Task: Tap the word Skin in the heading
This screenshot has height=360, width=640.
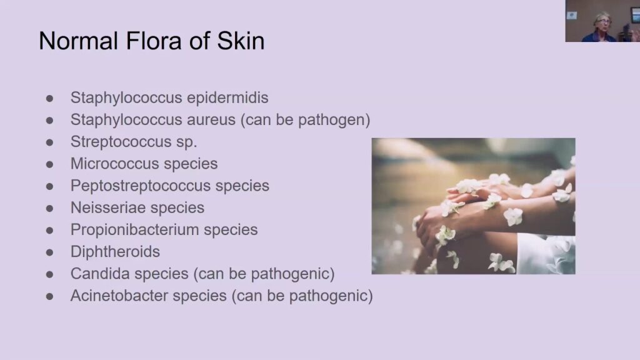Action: tap(241, 41)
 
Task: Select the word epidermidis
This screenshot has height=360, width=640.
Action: tap(227, 98)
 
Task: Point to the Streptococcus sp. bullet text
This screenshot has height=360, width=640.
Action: tap(134, 142)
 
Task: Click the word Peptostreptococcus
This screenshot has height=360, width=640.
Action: tap(141, 186)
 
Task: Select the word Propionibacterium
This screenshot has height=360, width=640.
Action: tap(135, 230)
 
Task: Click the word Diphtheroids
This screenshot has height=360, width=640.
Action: tap(115, 252)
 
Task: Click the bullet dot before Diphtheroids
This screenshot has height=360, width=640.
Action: tap(50, 252)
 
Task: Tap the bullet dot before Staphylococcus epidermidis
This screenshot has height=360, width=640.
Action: tap(50, 98)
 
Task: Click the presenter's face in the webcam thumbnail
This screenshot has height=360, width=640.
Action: tap(602, 21)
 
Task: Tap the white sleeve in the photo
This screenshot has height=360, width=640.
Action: tap(546, 254)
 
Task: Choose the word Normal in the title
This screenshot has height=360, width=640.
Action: tap(78, 41)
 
